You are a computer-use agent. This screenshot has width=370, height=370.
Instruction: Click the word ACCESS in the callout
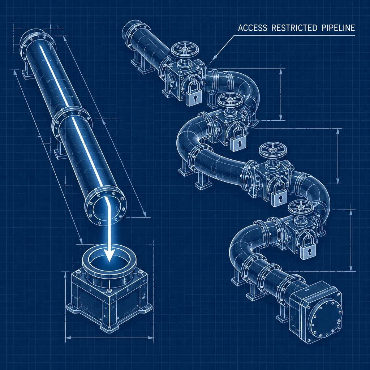coord(253,28)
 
